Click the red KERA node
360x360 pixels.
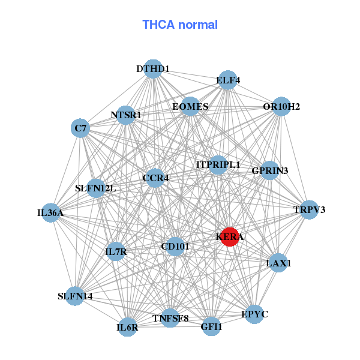(x=230, y=237)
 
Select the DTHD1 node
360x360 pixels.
(x=153, y=69)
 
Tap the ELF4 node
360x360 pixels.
(x=228, y=80)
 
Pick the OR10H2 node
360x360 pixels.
(x=281, y=107)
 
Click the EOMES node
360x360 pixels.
(x=190, y=107)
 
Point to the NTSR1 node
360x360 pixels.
(x=125, y=115)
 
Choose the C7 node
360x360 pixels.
(x=80, y=128)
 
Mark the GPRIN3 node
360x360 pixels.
(x=270, y=171)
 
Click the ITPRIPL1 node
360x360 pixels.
(x=218, y=164)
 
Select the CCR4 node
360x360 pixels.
(x=155, y=178)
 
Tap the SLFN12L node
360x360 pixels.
(x=96, y=188)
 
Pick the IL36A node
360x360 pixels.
(x=50, y=212)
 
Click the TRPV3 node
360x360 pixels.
(x=309, y=210)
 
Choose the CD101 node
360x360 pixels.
(x=175, y=246)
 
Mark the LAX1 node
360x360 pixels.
(x=278, y=263)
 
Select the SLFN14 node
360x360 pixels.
(x=75, y=296)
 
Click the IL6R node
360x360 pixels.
(x=127, y=327)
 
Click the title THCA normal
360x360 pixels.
(x=180, y=25)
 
